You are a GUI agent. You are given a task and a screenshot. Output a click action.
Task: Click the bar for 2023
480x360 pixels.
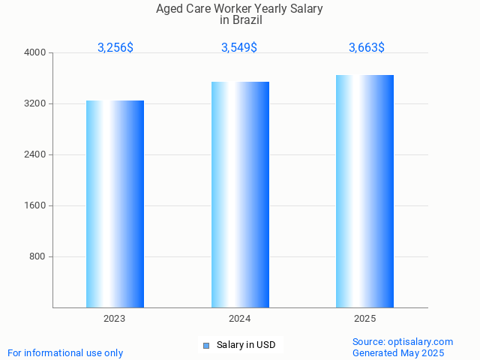[115, 204]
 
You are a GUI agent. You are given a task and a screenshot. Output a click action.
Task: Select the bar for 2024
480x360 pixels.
[240, 194]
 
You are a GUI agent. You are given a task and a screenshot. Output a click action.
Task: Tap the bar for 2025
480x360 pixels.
[365, 191]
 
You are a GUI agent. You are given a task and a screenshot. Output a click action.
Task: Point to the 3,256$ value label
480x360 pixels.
[115, 47]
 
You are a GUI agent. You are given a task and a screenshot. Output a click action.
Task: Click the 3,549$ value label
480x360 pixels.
[239, 47]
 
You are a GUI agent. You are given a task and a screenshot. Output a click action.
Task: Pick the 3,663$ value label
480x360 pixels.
[367, 47]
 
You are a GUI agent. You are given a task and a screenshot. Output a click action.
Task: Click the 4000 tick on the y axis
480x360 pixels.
[35, 52]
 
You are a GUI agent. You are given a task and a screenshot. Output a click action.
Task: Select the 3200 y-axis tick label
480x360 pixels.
[35, 103]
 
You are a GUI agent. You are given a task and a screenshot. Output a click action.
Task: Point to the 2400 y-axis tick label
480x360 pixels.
[35, 154]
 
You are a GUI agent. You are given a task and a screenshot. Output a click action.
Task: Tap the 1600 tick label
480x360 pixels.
[35, 205]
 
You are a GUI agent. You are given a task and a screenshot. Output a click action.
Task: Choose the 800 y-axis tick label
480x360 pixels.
[37, 256]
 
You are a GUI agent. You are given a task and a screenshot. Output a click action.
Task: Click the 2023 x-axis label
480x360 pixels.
[115, 319]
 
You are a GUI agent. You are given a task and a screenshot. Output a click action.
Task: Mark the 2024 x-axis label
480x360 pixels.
[240, 319]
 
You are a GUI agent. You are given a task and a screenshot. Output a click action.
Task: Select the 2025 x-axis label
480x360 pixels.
[365, 319]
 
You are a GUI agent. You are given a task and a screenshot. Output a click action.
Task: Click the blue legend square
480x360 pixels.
[205, 345]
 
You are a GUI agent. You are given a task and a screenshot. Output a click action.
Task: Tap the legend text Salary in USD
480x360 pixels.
[246, 345]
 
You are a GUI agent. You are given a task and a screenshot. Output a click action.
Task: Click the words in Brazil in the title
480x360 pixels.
[240, 20]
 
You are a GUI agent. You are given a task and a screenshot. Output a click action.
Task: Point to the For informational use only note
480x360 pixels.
[65, 352]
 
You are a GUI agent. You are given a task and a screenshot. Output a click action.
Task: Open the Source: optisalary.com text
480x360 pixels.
[403, 341]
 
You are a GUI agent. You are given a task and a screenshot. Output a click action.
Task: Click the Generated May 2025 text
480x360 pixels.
[398, 352]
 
